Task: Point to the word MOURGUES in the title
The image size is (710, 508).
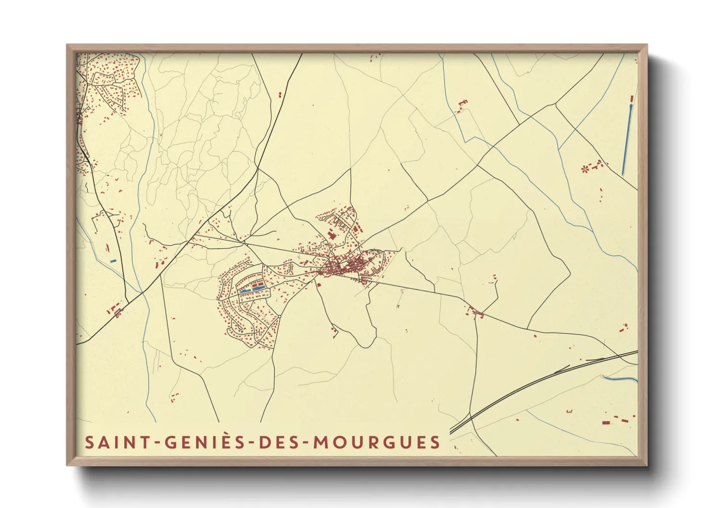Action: click(x=377, y=442)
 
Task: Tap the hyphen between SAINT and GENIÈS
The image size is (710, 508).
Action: click(x=157, y=443)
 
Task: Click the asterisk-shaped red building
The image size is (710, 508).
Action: click(x=584, y=169)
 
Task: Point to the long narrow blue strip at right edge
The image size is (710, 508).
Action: click(x=627, y=139)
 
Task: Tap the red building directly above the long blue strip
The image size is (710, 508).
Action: click(x=631, y=99)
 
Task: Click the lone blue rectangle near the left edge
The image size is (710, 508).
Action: click(x=113, y=261)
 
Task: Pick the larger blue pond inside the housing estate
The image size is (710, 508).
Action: click(x=246, y=290)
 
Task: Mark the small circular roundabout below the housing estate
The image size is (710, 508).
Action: click(x=279, y=317)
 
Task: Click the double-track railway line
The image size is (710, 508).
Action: click(x=528, y=384)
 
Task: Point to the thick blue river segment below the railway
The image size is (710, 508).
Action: click(x=619, y=378)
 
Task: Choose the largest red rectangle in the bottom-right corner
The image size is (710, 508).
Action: click(x=606, y=422)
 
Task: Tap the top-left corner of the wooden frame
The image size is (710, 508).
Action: click(x=68, y=45)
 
